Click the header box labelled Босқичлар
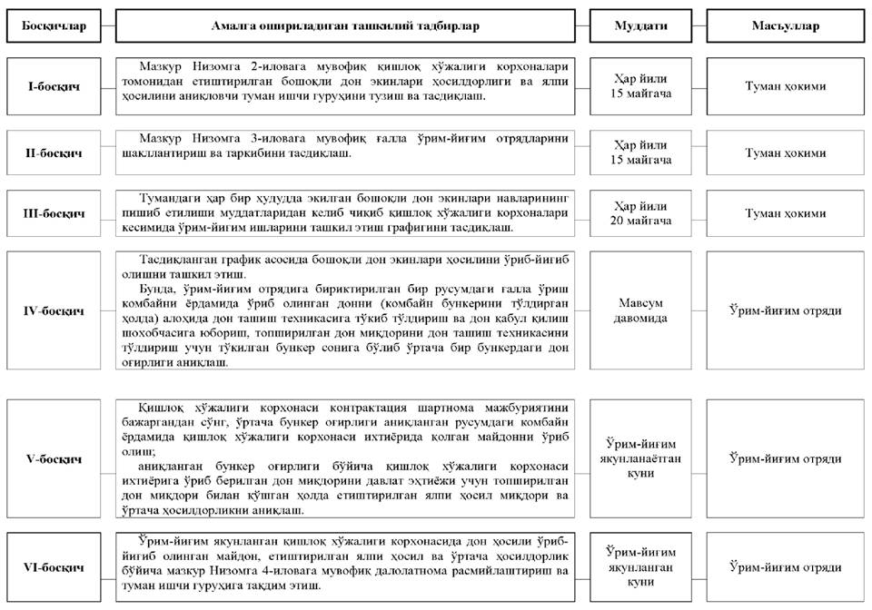(54, 26)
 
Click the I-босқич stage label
(54, 87)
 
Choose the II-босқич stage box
(54, 152)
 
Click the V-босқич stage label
(54, 458)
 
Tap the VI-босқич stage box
(54, 568)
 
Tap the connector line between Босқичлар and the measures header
(107, 26)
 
